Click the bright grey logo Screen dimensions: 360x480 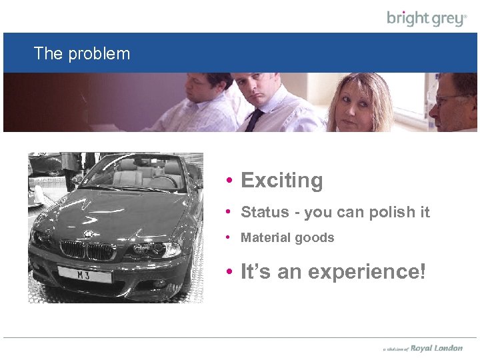[x=427, y=18]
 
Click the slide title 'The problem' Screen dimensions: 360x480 [x=82, y=53]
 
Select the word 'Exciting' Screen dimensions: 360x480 [x=281, y=181]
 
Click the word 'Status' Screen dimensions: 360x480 [x=265, y=213]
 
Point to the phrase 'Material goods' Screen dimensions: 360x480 [x=287, y=238]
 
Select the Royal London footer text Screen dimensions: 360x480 [x=436, y=348]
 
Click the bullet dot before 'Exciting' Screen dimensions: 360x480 [x=229, y=181]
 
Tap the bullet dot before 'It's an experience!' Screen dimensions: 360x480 [x=229, y=272]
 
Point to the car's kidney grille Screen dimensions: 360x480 [x=86, y=251]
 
